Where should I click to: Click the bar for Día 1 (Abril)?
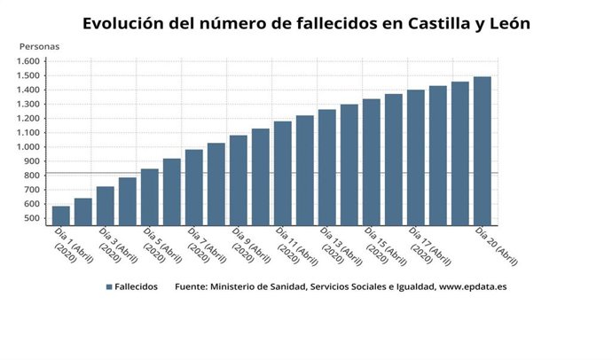61,215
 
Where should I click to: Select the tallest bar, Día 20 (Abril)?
482,151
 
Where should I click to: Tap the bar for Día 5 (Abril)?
150,197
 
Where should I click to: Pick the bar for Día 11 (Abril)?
283,173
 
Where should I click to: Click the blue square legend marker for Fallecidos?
108,287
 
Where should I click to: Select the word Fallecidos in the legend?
137,287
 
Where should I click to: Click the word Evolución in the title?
125,24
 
